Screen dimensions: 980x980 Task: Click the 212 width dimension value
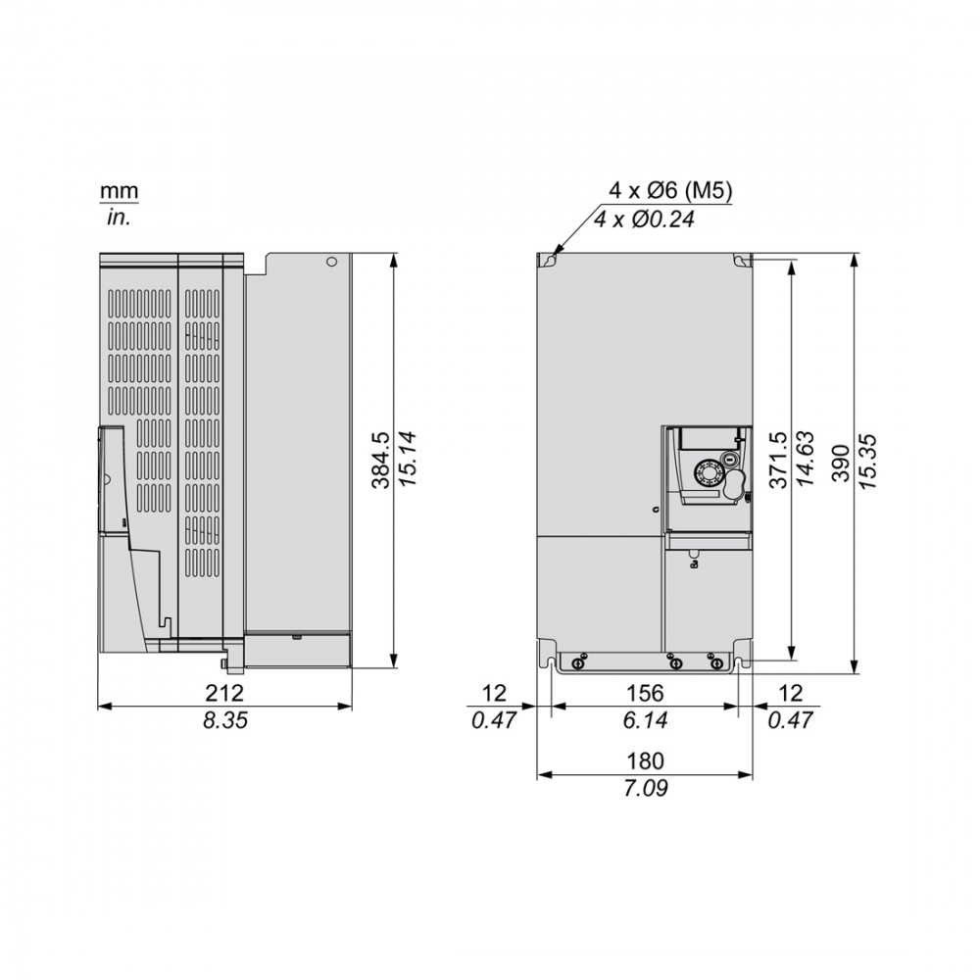click(x=224, y=693)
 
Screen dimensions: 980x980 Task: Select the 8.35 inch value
click(x=225, y=720)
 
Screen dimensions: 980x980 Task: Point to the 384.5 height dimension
click(x=380, y=460)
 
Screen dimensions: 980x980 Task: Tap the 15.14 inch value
click(x=408, y=460)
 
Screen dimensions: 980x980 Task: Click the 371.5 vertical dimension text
click(x=779, y=460)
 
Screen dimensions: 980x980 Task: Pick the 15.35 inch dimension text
click(x=868, y=462)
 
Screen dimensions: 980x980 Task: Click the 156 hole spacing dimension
click(x=645, y=693)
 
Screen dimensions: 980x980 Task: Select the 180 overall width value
click(x=645, y=761)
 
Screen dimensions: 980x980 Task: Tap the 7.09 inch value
click(x=645, y=788)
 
